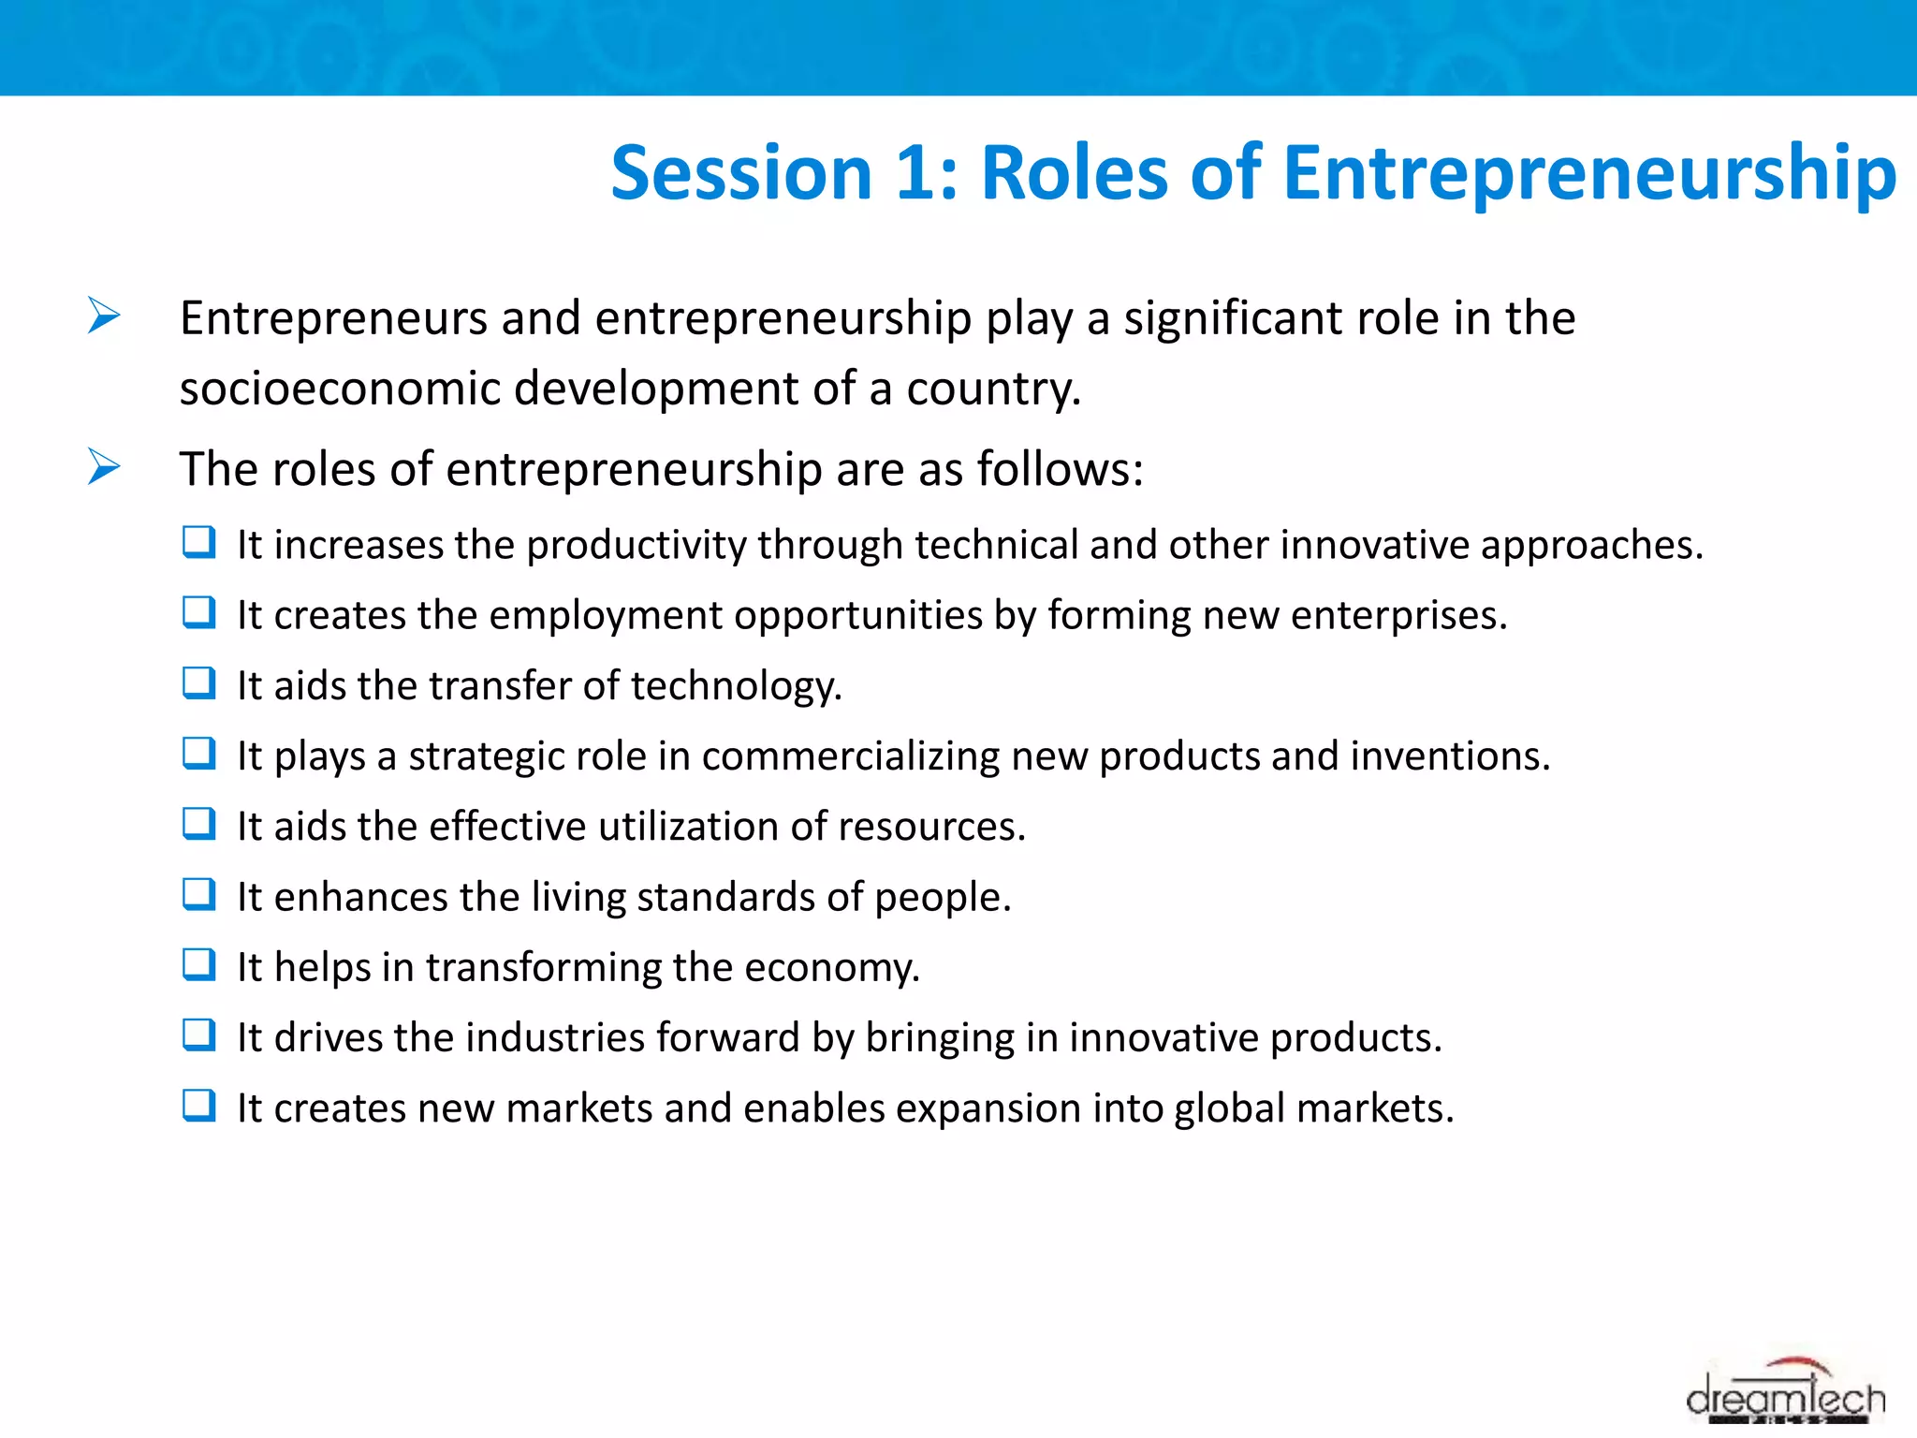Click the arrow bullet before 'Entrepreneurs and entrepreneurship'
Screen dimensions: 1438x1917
tap(104, 315)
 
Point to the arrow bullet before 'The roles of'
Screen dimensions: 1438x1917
tap(104, 466)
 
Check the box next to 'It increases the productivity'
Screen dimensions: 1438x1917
tap(198, 542)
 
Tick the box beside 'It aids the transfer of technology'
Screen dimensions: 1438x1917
tap(198, 683)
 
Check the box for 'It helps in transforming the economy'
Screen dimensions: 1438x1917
tap(198, 964)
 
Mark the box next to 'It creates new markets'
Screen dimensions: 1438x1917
tap(198, 1106)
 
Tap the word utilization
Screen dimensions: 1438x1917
tap(689, 827)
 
